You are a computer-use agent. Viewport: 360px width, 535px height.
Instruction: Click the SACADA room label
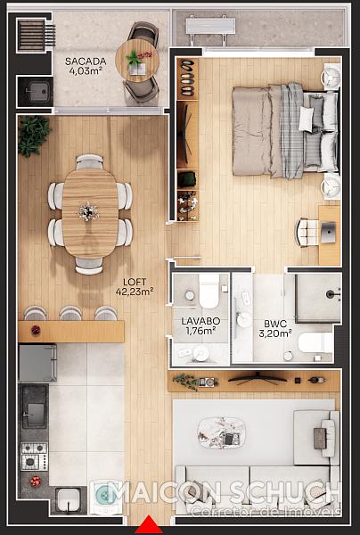point(86,62)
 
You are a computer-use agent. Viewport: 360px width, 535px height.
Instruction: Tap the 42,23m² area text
point(135,291)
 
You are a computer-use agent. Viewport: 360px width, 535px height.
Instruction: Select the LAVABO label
point(200,321)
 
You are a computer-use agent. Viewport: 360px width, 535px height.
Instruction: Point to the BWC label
point(274,324)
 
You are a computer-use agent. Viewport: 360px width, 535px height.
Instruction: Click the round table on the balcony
point(137,61)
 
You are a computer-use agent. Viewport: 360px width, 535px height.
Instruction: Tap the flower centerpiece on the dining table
point(88,211)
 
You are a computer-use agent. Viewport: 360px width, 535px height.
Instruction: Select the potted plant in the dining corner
point(34,136)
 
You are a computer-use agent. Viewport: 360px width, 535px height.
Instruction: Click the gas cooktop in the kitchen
point(35,457)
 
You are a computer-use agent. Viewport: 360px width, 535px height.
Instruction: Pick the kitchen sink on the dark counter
point(35,406)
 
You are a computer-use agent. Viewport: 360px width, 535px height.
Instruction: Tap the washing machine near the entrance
point(106,497)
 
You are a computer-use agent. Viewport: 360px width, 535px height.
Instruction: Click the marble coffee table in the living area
point(221,432)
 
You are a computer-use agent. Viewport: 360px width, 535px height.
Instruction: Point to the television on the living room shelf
point(258,378)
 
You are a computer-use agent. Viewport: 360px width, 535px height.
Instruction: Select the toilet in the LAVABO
point(209,291)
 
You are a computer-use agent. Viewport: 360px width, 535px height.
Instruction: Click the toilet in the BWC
point(315,342)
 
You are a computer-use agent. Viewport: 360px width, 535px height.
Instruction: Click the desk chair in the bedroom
point(307,233)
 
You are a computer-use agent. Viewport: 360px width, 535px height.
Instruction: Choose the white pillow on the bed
point(306,119)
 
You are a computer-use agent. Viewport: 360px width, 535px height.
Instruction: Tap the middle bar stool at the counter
point(70,313)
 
